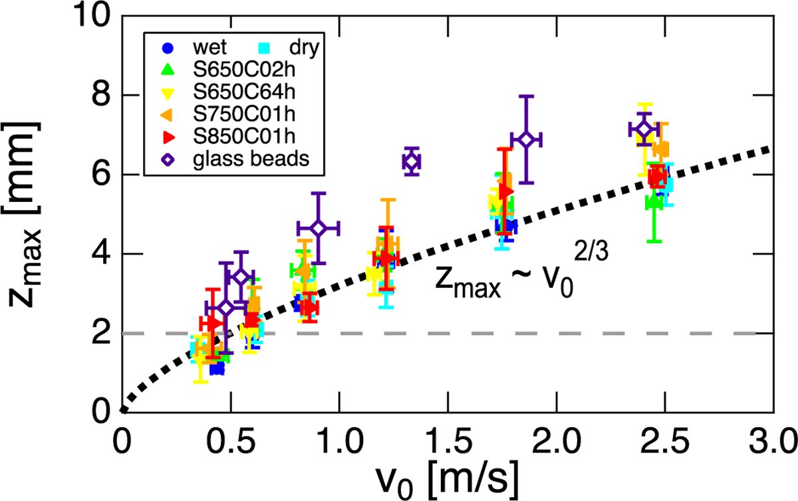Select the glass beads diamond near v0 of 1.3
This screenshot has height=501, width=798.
coord(412,161)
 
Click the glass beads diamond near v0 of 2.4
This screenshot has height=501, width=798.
coord(643,130)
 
